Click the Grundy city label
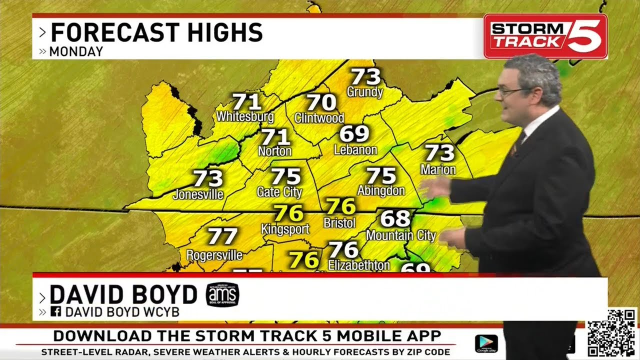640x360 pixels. tap(364, 92)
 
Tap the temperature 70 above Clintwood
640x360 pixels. tap(321, 102)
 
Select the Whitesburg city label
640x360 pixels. tap(245, 117)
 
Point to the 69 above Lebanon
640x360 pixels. tap(354, 133)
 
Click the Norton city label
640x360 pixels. tap(274, 150)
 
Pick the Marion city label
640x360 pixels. tap(438, 170)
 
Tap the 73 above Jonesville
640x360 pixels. tap(207, 178)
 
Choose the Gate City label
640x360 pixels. tap(279, 192)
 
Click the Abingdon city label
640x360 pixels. tap(380, 190)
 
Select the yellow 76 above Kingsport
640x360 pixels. tap(289, 213)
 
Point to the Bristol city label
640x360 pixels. tap(339, 222)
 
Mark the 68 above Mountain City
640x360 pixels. tap(395, 218)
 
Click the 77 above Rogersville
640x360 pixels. tap(222, 235)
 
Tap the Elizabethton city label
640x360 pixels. tap(358, 265)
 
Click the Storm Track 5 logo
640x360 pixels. tap(545, 36)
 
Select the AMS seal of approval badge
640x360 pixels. tap(222, 294)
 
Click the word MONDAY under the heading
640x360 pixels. tap(76, 51)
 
